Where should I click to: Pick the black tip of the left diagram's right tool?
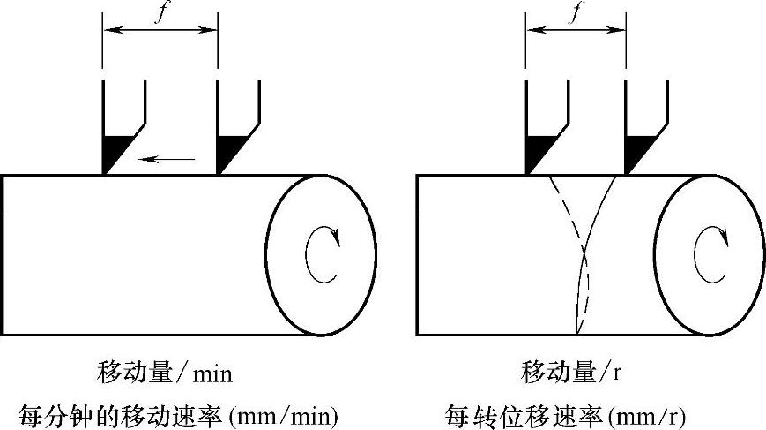[x=227, y=153]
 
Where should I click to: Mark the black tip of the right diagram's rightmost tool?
[x=637, y=153]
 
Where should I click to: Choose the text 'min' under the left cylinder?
[x=213, y=373]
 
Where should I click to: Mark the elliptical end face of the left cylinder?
[x=321, y=254]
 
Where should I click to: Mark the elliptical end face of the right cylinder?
[x=710, y=254]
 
